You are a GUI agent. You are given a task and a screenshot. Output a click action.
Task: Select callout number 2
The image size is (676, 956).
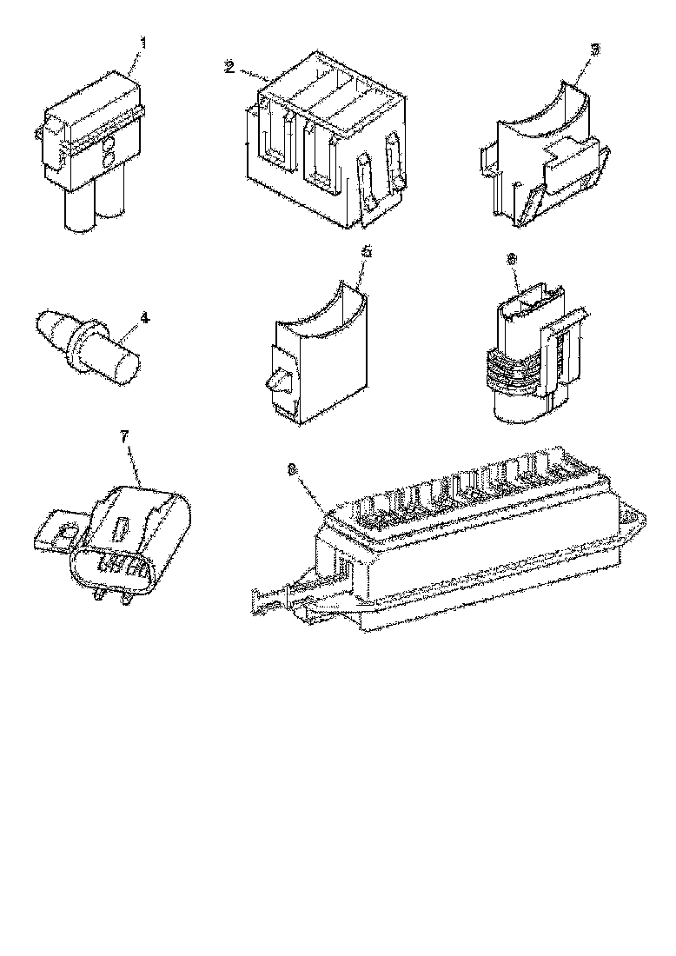coord(229,68)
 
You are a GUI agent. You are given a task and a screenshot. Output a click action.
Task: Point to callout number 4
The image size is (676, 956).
coord(144,319)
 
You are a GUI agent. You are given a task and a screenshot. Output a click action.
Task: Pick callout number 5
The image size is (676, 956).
coord(366,251)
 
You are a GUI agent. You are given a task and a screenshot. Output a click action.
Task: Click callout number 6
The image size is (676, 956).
coord(511,259)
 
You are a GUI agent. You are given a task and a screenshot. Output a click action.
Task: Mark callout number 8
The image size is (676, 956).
coord(293,469)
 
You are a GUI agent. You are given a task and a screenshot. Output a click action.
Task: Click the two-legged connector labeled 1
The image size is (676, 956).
coord(91,143)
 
